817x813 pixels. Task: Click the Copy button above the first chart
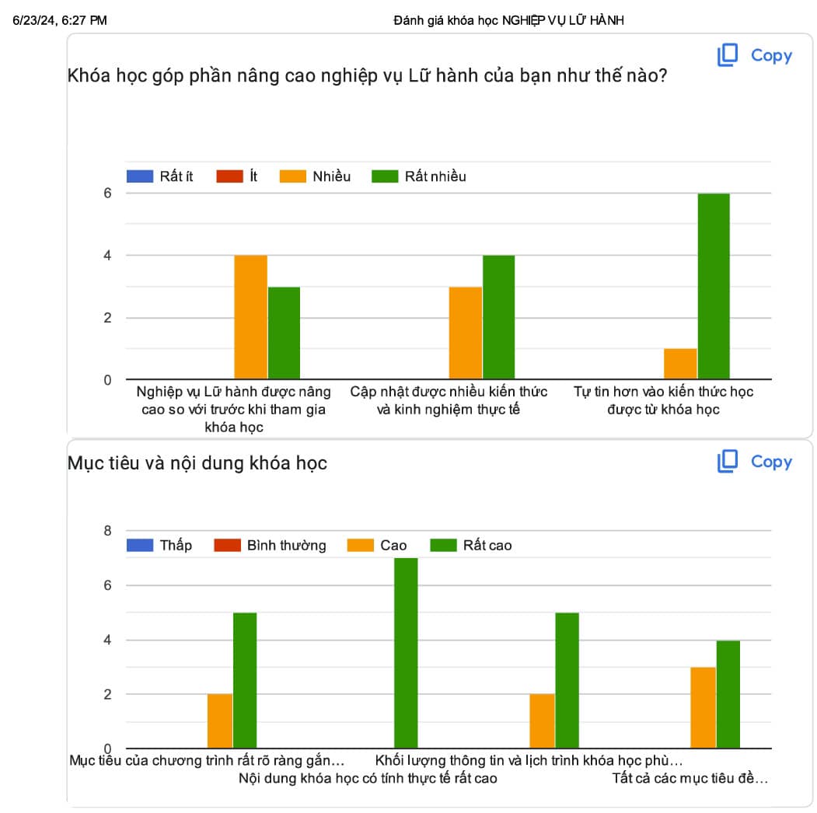click(x=754, y=55)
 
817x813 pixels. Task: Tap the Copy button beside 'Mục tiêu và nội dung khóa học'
click(x=754, y=462)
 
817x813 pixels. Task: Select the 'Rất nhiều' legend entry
click(x=420, y=176)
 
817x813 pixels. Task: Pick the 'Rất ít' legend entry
click(x=161, y=176)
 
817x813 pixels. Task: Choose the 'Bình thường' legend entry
click(x=271, y=545)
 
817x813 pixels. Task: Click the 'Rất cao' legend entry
click(x=472, y=545)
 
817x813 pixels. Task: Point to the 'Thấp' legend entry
click(x=160, y=545)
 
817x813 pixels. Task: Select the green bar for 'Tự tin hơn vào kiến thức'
click(x=714, y=286)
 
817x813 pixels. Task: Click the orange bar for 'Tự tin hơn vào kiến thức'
click(x=680, y=364)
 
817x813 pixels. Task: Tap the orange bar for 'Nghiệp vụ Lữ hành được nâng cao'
click(x=251, y=317)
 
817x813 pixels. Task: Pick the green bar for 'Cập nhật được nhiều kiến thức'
click(x=498, y=317)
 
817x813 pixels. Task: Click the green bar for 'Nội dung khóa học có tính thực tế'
click(x=406, y=653)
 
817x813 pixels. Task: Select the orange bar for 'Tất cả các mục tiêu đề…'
click(x=703, y=707)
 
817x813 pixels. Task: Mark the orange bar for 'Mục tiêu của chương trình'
click(x=220, y=721)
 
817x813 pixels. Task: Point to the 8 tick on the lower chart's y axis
click(x=107, y=531)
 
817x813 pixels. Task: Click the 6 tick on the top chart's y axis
click(x=107, y=194)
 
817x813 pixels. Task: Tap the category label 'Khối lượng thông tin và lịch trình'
click(x=529, y=760)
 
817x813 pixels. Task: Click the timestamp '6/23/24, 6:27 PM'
click(x=59, y=21)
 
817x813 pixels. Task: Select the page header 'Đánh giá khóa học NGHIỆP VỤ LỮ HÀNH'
click(x=508, y=21)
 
